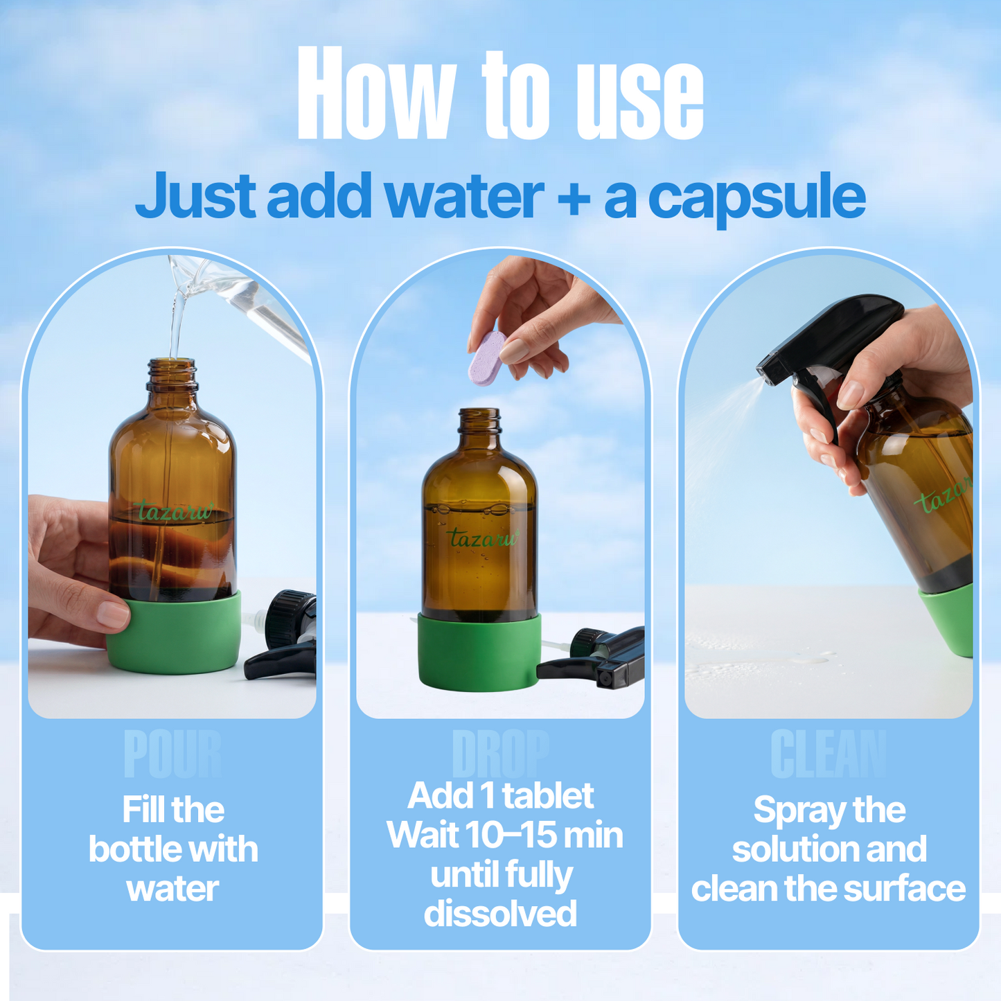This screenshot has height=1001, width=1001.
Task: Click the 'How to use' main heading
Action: pos(500,94)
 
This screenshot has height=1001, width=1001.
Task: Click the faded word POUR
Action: pos(172,754)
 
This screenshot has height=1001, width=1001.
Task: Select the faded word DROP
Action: pos(500,754)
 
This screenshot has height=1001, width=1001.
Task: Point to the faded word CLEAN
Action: pos(828,754)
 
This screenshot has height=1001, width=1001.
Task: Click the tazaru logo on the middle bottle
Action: pos(482,538)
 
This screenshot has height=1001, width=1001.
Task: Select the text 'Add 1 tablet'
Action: pos(500,795)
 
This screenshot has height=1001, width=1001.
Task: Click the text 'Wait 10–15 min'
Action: pos(504,835)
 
